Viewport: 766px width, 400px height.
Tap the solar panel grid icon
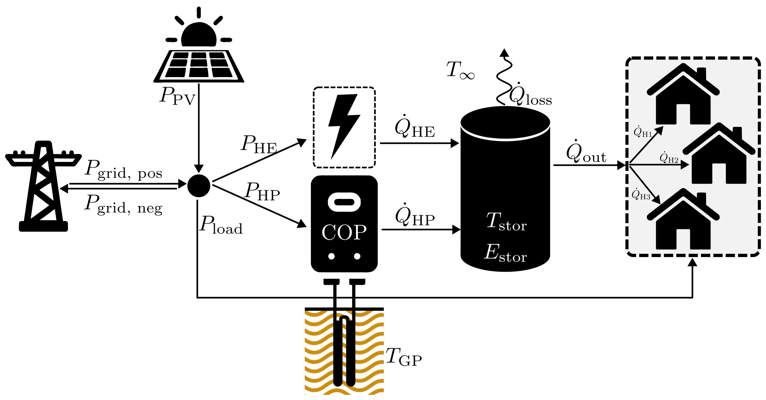click(199, 66)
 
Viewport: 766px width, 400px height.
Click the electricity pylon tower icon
click(43, 187)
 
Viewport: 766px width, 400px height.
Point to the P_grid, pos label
click(123, 170)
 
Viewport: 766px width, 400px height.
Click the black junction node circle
click(199, 186)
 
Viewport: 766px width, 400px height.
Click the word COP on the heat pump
click(344, 232)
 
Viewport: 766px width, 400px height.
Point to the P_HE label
click(259, 145)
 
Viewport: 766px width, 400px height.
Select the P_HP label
click(262, 192)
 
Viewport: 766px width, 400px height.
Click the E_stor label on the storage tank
click(505, 253)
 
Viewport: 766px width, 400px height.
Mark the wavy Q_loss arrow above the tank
click(504, 79)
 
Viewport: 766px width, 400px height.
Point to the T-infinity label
click(460, 70)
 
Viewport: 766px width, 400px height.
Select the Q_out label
click(586, 152)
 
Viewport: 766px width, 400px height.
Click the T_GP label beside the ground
click(403, 357)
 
